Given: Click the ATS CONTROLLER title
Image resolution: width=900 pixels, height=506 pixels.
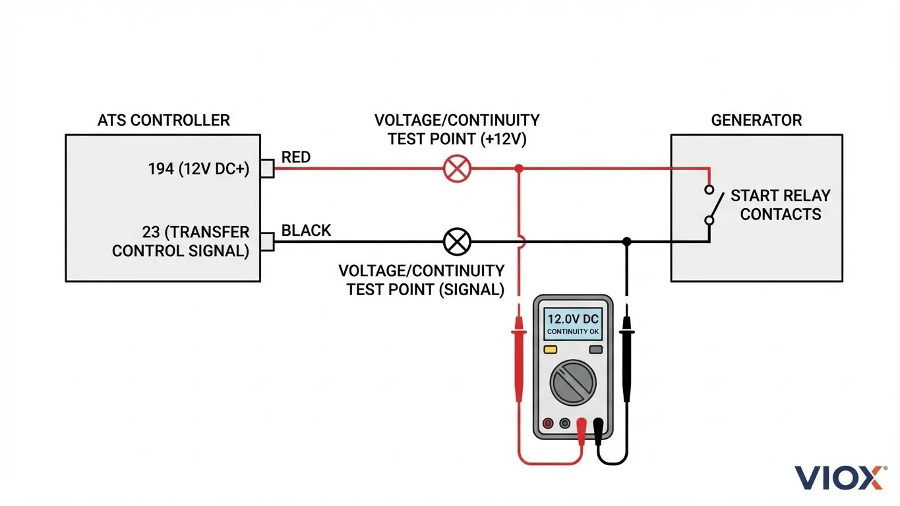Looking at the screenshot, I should (x=164, y=121).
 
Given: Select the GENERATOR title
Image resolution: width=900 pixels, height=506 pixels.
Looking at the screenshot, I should (x=756, y=121).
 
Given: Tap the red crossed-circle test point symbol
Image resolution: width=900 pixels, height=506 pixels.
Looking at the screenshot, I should (x=456, y=169).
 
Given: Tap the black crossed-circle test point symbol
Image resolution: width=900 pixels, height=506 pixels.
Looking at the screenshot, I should (x=456, y=241).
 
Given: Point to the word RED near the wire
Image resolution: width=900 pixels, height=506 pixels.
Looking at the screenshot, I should (x=296, y=157).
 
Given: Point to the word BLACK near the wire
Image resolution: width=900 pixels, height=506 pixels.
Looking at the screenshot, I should (x=306, y=231).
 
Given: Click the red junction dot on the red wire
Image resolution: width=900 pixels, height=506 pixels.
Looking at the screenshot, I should (x=519, y=169).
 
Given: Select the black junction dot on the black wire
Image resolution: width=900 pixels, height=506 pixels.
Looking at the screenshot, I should (x=627, y=241).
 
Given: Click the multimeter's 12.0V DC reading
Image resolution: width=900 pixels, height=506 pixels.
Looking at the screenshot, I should (x=572, y=319).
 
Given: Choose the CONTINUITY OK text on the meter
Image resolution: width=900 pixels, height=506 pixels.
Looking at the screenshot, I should (x=572, y=331).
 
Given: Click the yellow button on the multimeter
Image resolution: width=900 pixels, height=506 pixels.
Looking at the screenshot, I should (x=550, y=350).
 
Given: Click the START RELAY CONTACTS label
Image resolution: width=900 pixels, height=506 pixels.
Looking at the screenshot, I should (x=780, y=205).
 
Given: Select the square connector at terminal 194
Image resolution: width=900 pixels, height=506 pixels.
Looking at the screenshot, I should (x=267, y=169).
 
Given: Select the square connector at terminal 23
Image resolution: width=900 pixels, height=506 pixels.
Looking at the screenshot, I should (x=267, y=241).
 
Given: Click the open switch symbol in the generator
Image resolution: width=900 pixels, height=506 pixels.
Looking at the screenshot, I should (x=709, y=205).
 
